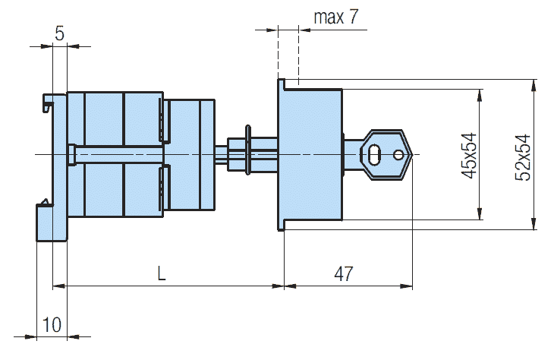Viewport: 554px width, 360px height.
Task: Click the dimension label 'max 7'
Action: coord(336,17)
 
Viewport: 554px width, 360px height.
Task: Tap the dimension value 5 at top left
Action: coord(60,33)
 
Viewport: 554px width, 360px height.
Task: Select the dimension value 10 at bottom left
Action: coord(52,324)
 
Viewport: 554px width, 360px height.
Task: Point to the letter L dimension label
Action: coord(162,273)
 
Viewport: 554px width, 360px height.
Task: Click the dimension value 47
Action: coord(344,273)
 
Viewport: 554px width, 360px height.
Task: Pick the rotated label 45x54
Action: coord(469,156)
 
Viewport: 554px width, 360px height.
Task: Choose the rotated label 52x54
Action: coord(523,158)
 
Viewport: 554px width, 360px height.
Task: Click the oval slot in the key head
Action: coord(374,154)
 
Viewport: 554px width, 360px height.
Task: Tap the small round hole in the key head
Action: coord(398,154)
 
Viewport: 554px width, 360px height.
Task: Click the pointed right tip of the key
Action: coord(412,154)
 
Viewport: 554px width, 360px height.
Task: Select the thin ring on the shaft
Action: coord(247,150)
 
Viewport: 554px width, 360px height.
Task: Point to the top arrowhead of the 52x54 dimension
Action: coord(534,86)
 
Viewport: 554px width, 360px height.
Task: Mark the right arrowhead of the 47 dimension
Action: coord(406,286)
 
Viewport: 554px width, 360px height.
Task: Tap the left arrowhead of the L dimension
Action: coord(59,286)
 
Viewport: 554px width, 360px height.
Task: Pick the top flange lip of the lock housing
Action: coord(282,84)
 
